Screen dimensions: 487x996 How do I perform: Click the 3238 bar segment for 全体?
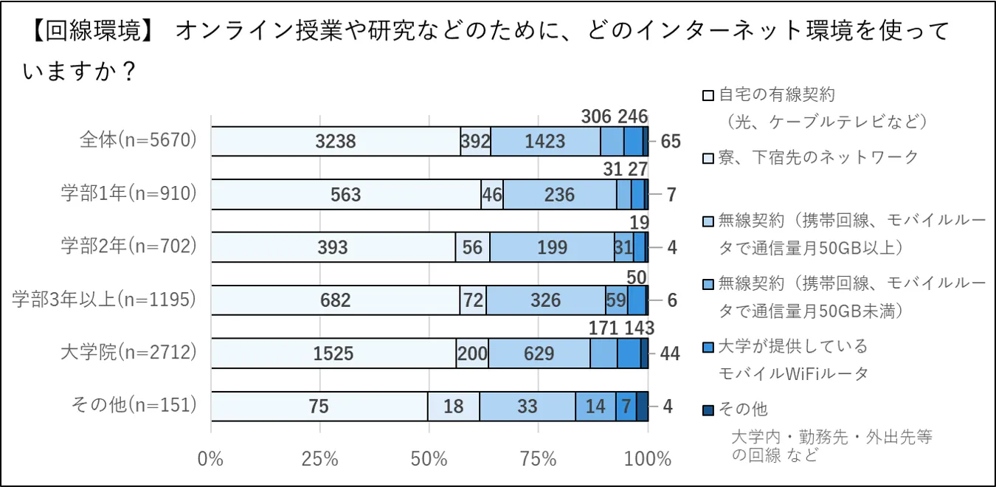(336, 142)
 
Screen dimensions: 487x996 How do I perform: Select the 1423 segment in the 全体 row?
(545, 142)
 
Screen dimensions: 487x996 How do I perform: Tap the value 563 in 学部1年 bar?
(345, 195)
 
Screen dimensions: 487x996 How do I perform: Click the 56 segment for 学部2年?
(472, 247)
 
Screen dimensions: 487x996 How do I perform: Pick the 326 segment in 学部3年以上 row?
(545, 300)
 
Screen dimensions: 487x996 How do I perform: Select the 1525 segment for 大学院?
(333, 353)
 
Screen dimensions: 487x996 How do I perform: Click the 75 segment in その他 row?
(319, 407)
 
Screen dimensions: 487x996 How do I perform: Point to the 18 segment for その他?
(453, 407)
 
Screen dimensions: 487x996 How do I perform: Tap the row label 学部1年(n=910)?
(129, 193)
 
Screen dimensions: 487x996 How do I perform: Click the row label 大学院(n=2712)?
(129, 353)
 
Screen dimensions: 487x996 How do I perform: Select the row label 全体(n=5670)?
(139, 140)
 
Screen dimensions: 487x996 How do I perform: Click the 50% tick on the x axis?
(429, 459)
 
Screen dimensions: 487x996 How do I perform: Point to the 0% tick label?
(211, 459)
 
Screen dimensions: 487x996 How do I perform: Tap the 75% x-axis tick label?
(539, 459)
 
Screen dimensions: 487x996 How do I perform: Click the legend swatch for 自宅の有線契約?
(708, 95)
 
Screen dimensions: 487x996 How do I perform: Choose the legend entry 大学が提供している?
(793, 346)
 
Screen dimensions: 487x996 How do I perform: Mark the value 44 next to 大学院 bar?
(669, 353)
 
